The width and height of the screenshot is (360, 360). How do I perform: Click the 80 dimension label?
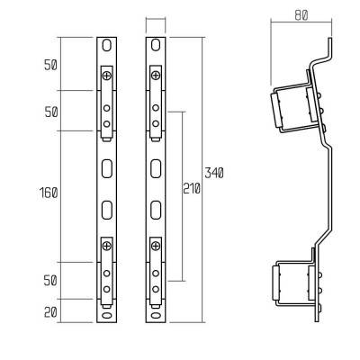(301, 15)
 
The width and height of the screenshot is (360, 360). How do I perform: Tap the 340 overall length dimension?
(214, 173)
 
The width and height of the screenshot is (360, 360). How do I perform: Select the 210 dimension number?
(192, 189)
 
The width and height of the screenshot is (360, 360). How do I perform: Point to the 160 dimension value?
(49, 193)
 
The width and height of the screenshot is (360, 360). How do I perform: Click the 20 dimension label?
(50, 312)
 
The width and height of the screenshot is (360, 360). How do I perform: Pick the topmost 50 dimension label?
(50, 65)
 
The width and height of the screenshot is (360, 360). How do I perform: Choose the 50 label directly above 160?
(51, 112)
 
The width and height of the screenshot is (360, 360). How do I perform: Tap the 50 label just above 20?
(50, 281)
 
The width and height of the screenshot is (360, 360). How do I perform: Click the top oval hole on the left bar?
(106, 46)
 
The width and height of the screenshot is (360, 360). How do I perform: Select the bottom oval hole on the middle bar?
(156, 315)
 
